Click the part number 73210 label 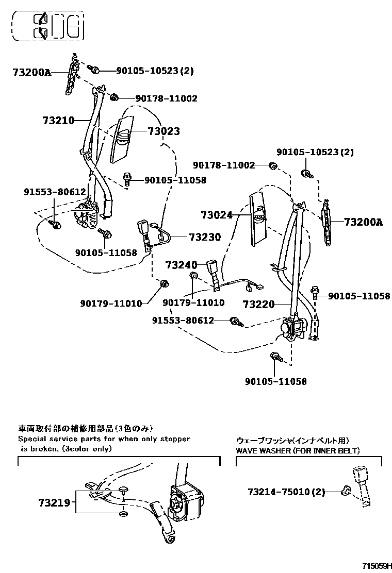(59, 121)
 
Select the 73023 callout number (164, 131)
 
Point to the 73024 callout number (217, 215)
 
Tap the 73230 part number (205, 237)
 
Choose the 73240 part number (182, 265)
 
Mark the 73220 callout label (259, 305)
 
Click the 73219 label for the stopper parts (53, 501)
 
